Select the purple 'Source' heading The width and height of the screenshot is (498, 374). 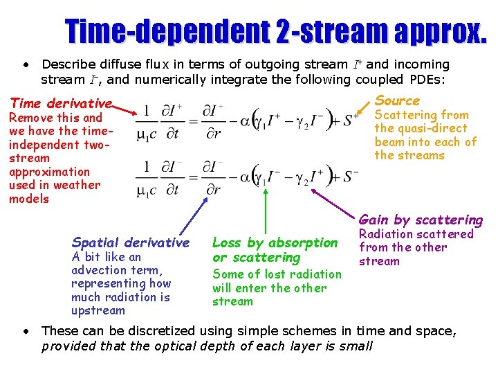[397, 100]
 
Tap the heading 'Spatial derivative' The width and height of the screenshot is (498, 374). [130, 242]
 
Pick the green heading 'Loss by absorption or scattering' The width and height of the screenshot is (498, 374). [274, 250]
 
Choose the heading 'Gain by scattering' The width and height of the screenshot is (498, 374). [421, 220]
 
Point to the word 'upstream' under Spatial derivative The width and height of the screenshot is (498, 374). [98, 310]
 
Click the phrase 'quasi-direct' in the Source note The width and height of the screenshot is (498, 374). [430, 128]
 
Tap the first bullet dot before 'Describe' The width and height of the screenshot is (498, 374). [26, 64]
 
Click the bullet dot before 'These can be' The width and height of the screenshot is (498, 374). [26, 331]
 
